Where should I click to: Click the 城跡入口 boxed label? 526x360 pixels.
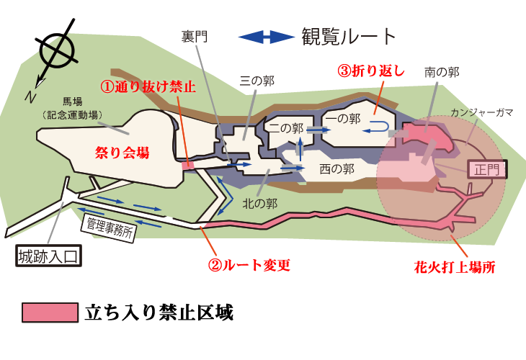tap(49, 256)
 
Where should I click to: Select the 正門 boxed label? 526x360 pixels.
tap(487, 170)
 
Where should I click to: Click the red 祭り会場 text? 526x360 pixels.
tap(122, 153)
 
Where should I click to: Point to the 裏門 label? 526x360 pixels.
tap(195, 37)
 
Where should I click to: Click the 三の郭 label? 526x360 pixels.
tap(257, 81)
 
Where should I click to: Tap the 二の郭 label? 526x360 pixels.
tap(286, 127)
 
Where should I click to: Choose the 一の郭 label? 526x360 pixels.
tap(343, 118)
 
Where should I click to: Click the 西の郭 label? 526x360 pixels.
tap(336, 169)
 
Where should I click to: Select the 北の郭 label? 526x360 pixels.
tap(260, 204)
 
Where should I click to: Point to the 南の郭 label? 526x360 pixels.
tap(442, 72)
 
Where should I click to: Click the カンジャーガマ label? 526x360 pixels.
tap(482, 112)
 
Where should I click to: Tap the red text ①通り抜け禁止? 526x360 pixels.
tap(148, 87)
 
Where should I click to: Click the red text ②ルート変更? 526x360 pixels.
tap(249, 265)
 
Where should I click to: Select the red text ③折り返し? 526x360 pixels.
tap(370, 71)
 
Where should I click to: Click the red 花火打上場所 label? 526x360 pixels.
tap(455, 268)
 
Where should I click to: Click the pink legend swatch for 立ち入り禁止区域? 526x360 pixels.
tap(50, 312)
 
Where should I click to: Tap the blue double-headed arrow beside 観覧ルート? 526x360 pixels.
tap(267, 37)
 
